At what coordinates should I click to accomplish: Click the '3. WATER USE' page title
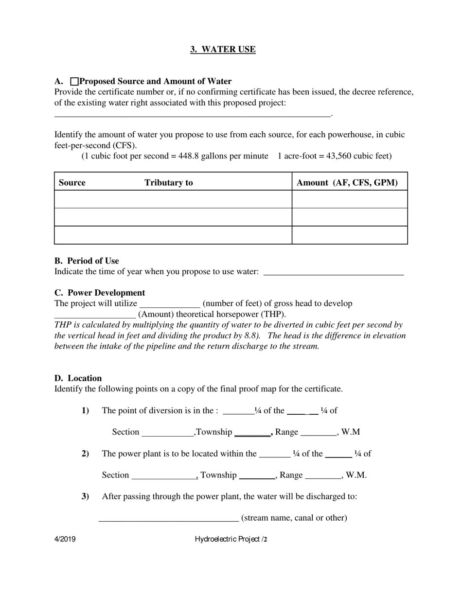click(223, 50)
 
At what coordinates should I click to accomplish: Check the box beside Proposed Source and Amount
click(74, 81)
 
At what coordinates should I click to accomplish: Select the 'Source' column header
click(72, 183)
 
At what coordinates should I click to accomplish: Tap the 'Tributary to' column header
click(168, 183)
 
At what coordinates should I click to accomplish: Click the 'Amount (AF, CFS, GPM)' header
click(347, 183)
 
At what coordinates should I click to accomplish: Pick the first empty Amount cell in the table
click(349, 199)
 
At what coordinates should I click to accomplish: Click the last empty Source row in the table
click(173, 235)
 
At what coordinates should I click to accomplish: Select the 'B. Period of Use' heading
click(87, 261)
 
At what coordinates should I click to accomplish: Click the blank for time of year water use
click(333, 272)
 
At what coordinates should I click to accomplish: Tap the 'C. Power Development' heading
click(100, 293)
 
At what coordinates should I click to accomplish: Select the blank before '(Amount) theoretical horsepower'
click(95, 315)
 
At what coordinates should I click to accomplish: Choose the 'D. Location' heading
click(78, 378)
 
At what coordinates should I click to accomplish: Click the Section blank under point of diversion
click(167, 433)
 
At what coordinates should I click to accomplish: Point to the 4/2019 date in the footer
click(65, 539)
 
